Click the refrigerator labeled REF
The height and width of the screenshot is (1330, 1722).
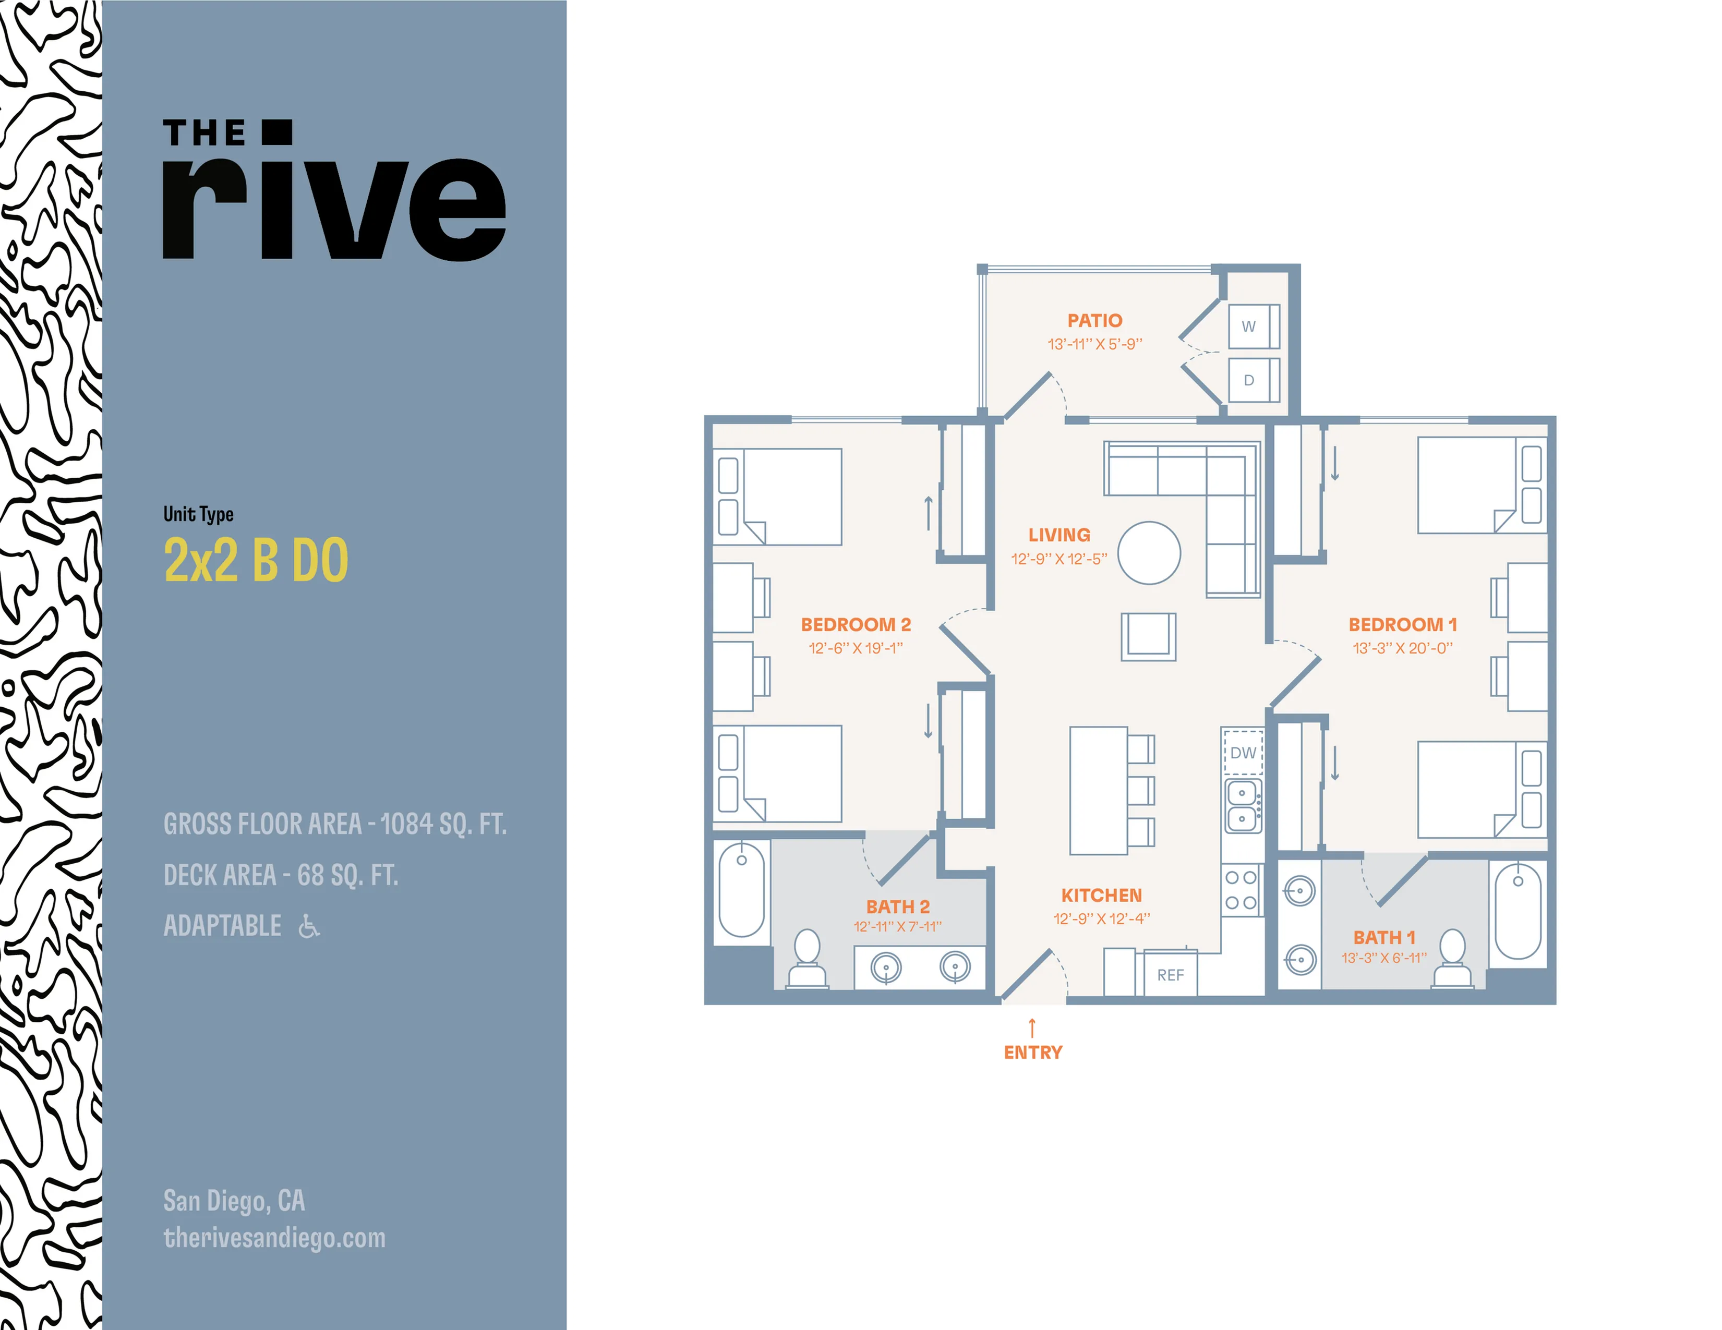[x=1170, y=974]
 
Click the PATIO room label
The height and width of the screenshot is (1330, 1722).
[x=1094, y=321]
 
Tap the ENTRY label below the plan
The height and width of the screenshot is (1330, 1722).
[x=1033, y=1053]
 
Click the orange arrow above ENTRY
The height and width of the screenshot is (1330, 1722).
[x=1032, y=1027]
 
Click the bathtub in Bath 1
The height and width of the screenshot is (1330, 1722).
[x=1518, y=911]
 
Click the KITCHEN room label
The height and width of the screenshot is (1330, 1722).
[x=1101, y=896]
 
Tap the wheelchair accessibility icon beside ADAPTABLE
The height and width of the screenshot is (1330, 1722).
[x=309, y=926]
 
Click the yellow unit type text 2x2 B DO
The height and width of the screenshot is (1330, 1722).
[x=256, y=560]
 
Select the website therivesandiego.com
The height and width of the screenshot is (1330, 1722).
[x=274, y=1238]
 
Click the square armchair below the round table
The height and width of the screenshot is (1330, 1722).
[x=1148, y=636]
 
